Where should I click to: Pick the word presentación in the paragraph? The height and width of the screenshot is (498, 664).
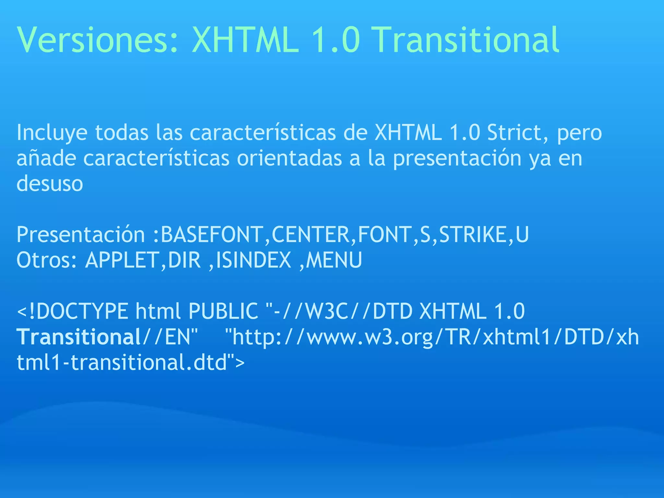[x=457, y=159]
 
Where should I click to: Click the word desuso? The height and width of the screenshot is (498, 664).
[x=50, y=184]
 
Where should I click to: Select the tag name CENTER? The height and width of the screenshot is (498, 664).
[x=310, y=235]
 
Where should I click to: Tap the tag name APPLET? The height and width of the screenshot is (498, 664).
[x=122, y=260]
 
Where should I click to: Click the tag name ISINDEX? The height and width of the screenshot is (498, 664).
[x=253, y=260]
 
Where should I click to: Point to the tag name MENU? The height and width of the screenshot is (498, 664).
[x=334, y=260]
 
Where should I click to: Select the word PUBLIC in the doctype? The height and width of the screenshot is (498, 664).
[x=223, y=312]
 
